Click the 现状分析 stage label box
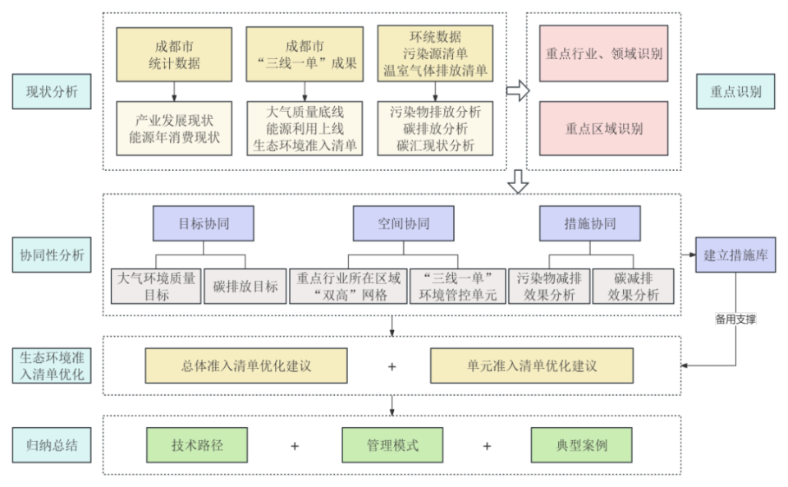(x=46, y=92)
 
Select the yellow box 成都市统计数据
(x=174, y=54)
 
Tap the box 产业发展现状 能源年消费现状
(x=174, y=128)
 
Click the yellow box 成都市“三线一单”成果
(x=305, y=54)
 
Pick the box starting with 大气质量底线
(x=305, y=128)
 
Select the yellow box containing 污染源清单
(x=435, y=54)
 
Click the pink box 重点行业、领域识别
(x=603, y=54)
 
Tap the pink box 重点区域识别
(x=603, y=128)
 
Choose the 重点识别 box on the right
(x=735, y=92)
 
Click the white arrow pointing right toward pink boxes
(x=518, y=90)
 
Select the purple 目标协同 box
(x=203, y=223)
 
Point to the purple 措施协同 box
(x=589, y=223)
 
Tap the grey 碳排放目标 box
(x=245, y=287)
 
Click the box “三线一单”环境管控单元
(x=457, y=287)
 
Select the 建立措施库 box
(x=735, y=255)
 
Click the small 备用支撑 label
(x=735, y=319)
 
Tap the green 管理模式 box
(x=392, y=446)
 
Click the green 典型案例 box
(x=581, y=446)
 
